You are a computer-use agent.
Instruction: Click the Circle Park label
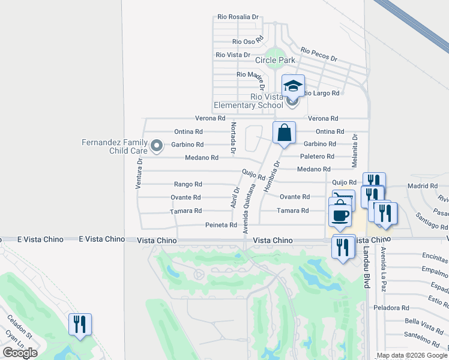click(276, 60)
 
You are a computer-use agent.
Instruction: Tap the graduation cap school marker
click(292, 86)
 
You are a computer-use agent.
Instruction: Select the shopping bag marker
click(284, 133)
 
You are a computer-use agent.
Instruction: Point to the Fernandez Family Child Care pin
click(157, 145)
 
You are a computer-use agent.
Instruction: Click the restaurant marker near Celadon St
click(80, 325)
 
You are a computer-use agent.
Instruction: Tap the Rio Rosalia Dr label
click(238, 17)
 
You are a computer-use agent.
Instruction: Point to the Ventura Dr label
click(139, 174)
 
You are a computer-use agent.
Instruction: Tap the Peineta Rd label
click(221, 225)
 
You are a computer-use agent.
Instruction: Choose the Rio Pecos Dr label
click(319, 55)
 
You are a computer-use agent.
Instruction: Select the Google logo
click(20, 353)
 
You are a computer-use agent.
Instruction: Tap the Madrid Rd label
click(419, 186)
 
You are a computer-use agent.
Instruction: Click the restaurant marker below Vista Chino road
click(343, 247)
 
